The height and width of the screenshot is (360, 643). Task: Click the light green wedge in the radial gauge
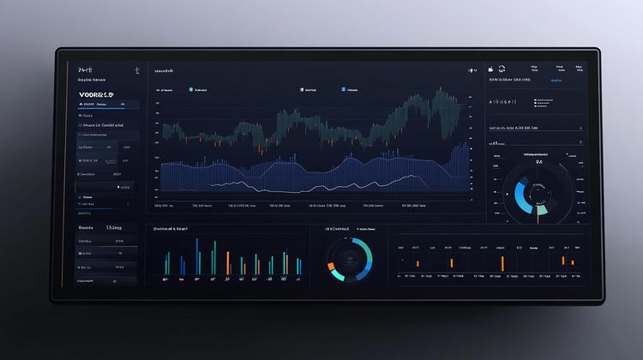(x=541, y=208)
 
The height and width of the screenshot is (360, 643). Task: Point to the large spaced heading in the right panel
(x=502, y=101)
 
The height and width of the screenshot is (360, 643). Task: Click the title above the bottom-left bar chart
(x=171, y=230)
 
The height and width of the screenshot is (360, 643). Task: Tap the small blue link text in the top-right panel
(x=556, y=81)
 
